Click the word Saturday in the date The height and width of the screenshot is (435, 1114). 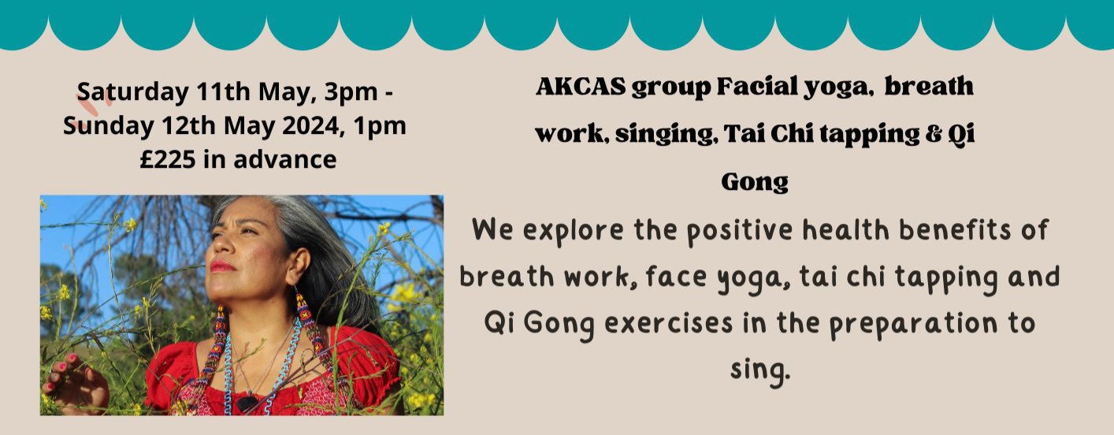click(133, 92)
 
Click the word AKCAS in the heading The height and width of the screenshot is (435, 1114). click(581, 87)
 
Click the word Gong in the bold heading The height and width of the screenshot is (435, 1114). click(755, 183)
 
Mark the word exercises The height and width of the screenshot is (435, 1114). click(669, 323)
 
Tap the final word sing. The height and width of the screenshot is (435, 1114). click(760, 370)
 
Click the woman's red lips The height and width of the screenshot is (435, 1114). click(221, 266)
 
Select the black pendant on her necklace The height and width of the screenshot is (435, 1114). click(246, 402)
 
